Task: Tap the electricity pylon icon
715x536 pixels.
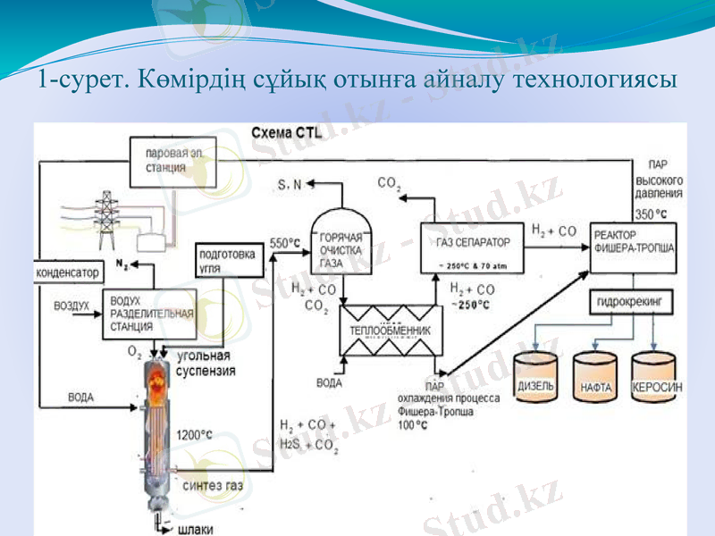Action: click(109, 218)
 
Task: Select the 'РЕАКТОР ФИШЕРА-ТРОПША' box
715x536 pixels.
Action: click(633, 243)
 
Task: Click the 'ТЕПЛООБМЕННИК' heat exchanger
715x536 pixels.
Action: click(391, 330)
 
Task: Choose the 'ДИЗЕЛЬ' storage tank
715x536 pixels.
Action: click(535, 379)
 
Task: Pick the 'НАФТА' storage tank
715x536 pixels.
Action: click(595, 381)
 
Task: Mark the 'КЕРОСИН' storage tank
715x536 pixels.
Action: click(657, 380)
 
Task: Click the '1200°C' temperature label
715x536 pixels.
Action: click(195, 435)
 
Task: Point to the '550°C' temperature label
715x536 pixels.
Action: click(283, 242)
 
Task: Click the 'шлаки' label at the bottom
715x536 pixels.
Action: click(197, 528)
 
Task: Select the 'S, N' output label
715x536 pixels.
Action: click(290, 185)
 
